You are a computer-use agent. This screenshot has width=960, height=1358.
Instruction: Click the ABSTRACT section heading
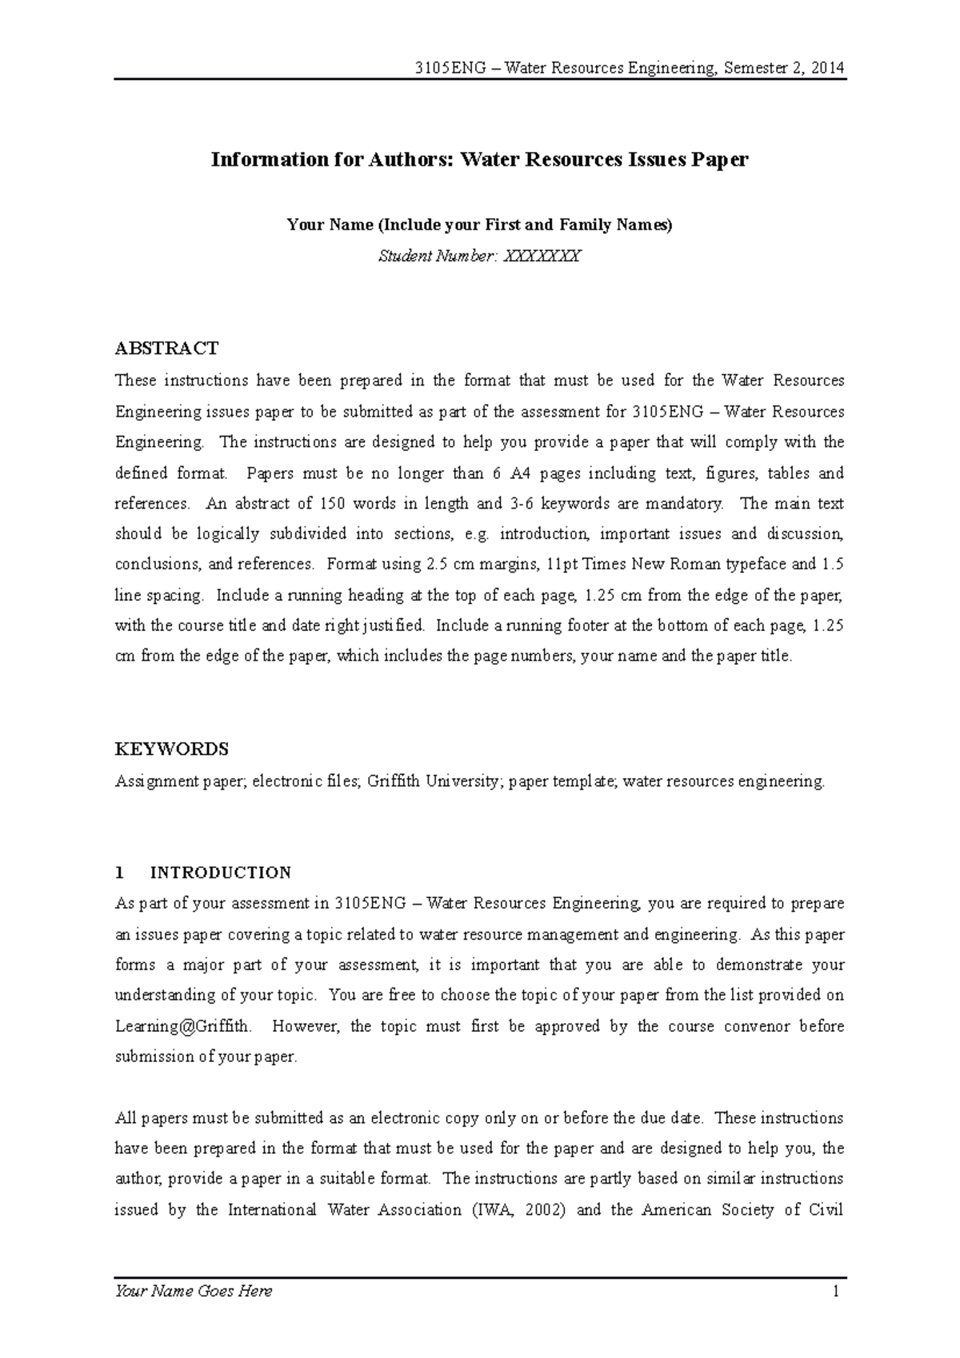pos(166,349)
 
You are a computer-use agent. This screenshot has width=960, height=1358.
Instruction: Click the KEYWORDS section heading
pos(172,749)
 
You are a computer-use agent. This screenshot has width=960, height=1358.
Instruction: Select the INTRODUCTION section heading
pos(221,873)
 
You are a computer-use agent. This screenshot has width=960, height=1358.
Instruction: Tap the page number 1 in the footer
pos(836,1291)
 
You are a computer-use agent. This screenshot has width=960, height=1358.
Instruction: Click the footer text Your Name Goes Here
pos(194,1291)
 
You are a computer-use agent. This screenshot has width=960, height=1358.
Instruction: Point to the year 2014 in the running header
pos(827,68)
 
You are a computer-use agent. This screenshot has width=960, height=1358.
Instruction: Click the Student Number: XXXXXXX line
pos(479,257)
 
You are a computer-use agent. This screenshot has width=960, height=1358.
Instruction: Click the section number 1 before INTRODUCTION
pos(120,873)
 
